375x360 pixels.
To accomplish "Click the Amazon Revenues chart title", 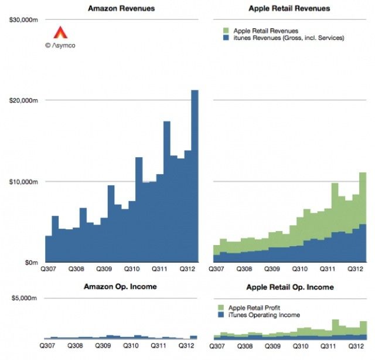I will point(122,8).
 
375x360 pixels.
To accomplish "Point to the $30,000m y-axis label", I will point(24,20).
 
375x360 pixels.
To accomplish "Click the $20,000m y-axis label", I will point(24,100).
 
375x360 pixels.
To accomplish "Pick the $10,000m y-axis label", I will point(24,181).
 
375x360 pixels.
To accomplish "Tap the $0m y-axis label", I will point(31,262).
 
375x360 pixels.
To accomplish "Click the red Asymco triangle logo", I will point(60,32).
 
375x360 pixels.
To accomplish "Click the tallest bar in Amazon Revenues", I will point(195,176).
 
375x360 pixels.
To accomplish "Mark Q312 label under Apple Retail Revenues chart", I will point(355,269).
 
